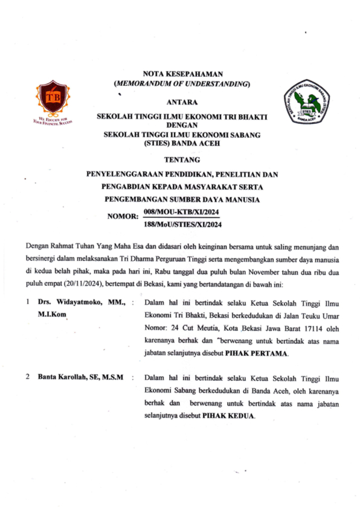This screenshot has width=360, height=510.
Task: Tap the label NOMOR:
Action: [123, 216]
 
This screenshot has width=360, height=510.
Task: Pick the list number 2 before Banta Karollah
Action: [27, 377]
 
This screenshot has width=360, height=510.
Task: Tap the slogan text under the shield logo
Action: [52, 121]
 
